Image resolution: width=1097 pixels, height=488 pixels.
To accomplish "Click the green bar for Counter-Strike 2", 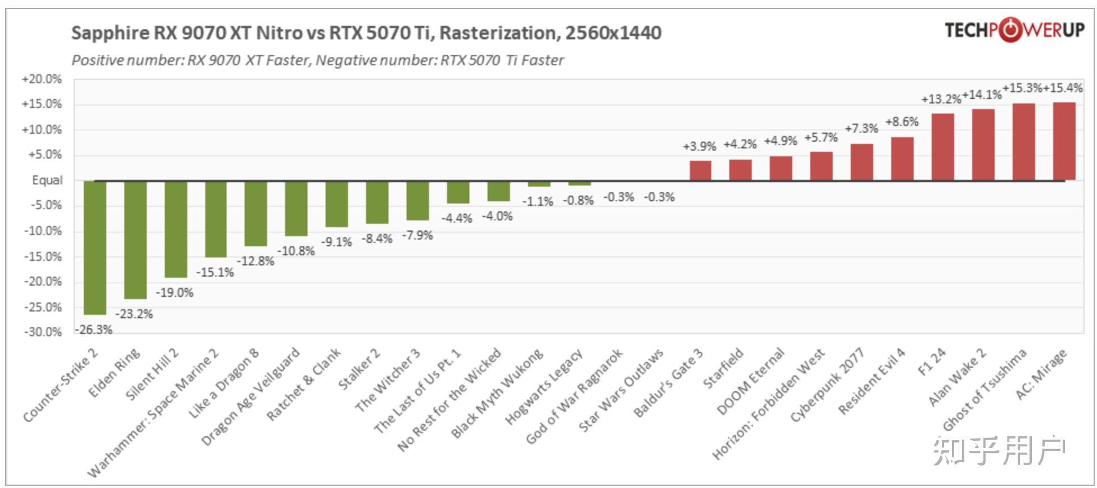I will [x=94, y=247].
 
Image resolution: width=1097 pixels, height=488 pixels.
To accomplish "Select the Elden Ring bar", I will [x=135, y=240].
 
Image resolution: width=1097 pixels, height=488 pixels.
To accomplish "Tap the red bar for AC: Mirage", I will [x=1064, y=141].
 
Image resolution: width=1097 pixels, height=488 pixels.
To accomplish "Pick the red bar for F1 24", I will [x=942, y=147].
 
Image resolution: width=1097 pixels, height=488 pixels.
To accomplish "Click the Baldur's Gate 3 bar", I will [x=700, y=170].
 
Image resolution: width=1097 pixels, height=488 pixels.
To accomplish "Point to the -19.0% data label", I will [x=174, y=292].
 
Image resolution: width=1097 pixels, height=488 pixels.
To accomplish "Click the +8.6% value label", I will [x=902, y=122].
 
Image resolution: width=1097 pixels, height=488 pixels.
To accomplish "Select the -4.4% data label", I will [x=457, y=218].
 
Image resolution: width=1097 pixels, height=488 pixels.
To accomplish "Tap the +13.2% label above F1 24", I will [x=941, y=100].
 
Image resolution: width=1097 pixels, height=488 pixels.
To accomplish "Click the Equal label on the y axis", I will [x=47, y=180].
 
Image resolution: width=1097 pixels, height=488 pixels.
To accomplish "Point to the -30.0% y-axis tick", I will [x=43, y=332].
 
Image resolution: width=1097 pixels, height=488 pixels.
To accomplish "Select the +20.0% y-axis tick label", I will [x=42, y=79].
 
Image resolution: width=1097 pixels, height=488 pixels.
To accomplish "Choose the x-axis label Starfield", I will [x=724, y=368].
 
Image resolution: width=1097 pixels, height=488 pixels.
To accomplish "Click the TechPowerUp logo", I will [x=1014, y=30].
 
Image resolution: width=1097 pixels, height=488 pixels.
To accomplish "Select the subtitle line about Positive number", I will [x=318, y=60].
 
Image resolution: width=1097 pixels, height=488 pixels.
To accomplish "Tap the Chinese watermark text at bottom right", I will [x=999, y=450].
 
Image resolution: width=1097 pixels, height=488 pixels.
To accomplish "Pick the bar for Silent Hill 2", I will [x=175, y=229].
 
